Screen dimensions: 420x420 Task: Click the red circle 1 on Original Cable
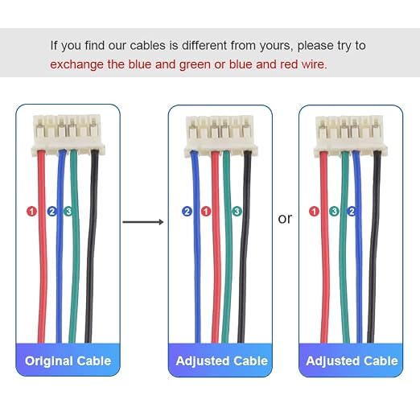(x=31, y=212)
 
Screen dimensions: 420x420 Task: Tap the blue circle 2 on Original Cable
(x=51, y=212)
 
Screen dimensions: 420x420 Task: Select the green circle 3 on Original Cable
(x=68, y=212)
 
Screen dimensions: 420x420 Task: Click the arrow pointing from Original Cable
(x=143, y=222)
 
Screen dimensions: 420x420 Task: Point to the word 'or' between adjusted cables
(x=285, y=219)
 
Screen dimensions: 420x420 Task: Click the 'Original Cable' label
(x=68, y=360)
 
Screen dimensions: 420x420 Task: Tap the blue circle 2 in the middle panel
(x=187, y=212)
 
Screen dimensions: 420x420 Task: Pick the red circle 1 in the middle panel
(x=206, y=212)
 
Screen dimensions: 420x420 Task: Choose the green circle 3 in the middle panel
(x=237, y=212)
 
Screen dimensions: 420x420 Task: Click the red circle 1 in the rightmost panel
(x=314, y=212)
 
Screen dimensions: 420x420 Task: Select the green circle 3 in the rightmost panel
(x=334, y=212)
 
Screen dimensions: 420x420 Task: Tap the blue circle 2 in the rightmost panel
(x=352, y=212)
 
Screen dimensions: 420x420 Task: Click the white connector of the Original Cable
(x=68, y=134)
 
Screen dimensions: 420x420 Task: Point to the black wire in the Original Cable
(x=91, y=246)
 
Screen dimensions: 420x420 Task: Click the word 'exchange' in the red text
(x=76, y=64)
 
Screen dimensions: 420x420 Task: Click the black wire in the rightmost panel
(x=374, y=247)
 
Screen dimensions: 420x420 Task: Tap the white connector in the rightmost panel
(x=351, y=135)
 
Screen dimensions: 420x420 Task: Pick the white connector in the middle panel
(x=220, y=135)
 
